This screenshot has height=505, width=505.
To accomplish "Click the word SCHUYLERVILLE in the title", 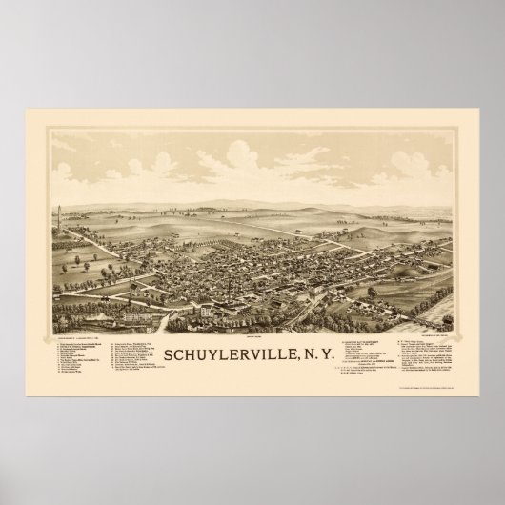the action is tap(229, 354).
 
